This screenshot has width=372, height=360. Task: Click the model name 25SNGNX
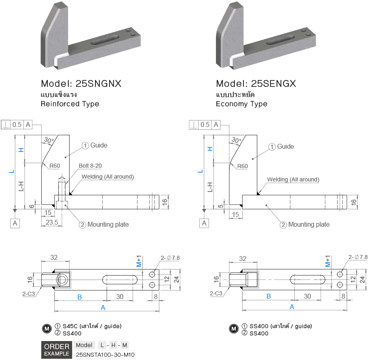(x=81, y=84)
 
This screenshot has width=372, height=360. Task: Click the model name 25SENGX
(x=256, y=84)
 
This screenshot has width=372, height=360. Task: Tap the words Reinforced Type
(x=70, y=104)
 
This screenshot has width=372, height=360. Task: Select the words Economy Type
(x=241, y=104)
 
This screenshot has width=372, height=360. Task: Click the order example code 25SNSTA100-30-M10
(x=105, y=355)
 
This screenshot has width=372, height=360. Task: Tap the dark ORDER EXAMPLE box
(x=57, y=350)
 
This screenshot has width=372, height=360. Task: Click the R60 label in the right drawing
(x=243, y=166)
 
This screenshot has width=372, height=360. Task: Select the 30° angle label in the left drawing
(x=49, y=140)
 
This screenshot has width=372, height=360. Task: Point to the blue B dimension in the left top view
(x=80, y=297)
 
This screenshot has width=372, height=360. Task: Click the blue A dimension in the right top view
(x=292, y=307)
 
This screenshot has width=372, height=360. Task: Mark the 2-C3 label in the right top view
(x=216, y=294)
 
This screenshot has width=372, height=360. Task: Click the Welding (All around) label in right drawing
(x=293, y=179)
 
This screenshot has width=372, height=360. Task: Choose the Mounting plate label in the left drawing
(x=108, y=224)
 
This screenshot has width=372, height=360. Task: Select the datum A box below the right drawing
(x=204, y=223)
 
